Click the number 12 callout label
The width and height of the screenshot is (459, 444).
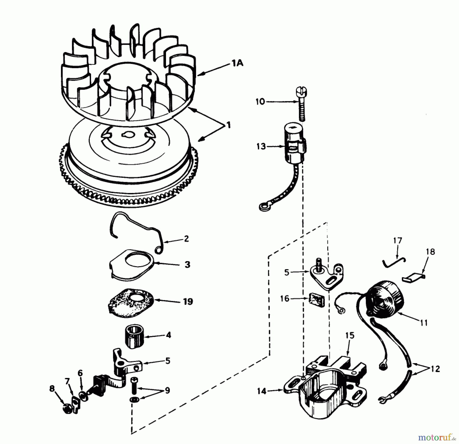(436, 369)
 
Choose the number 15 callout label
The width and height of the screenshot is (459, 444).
(350, 335)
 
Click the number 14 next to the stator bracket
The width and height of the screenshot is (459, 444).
(262, 391)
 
